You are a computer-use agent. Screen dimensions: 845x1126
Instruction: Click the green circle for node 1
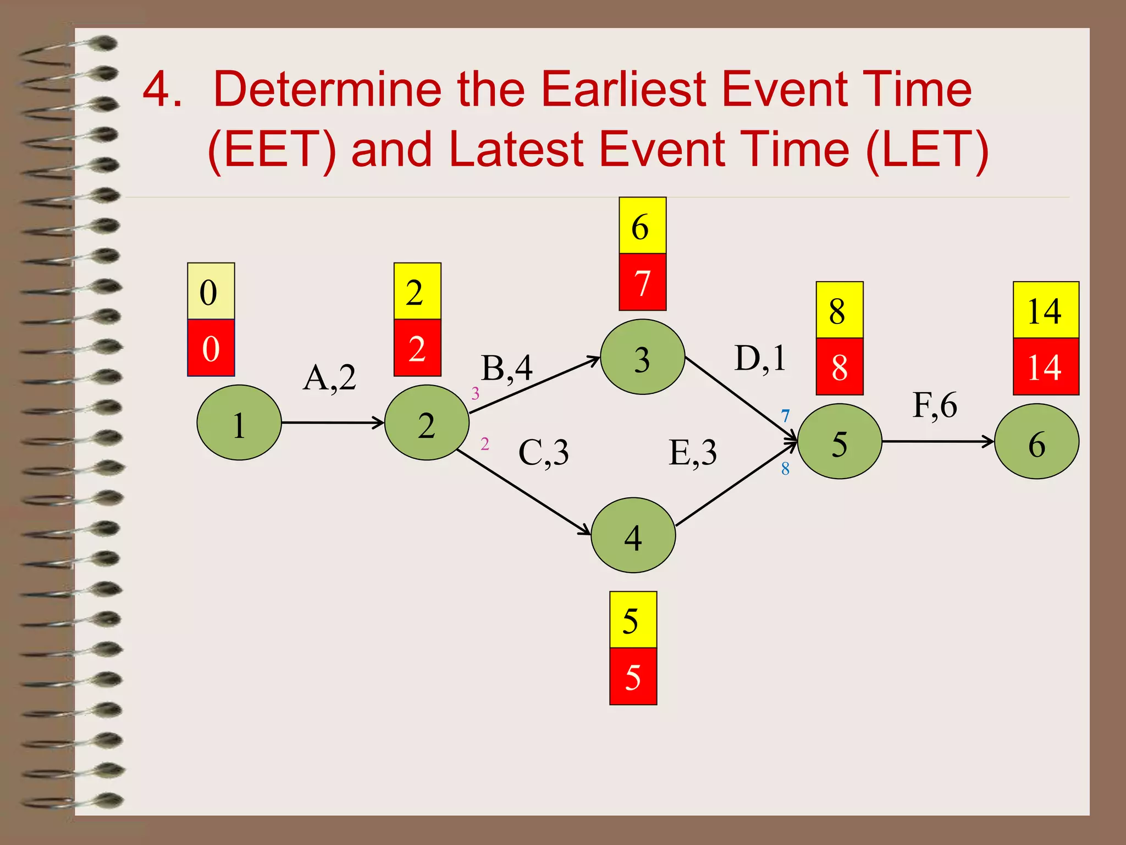pyautogui.click(x=239, y=422)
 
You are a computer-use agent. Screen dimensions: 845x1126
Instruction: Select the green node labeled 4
pyautogui.click(x=633, y=535)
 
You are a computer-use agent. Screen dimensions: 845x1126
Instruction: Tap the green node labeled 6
pyautogui.click(x=1036, y=441)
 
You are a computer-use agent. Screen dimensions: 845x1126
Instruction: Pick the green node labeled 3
pyautogui.click(x=642, y=357)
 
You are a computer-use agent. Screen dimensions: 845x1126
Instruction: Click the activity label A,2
pyautogui.click(x=329, y=378)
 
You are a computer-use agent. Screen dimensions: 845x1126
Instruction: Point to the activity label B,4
pyautogui.click(x=506, y=368)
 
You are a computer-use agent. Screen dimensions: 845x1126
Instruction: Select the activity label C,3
pyautogui.click(x=543, y=453)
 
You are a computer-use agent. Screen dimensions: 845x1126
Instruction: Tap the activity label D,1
pyautogui.click(x=760, y=359)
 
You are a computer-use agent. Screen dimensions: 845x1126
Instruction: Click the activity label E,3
pyautogui.click(x=692, y=453)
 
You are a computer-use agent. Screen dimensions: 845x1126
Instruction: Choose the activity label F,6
pyautogui.click(x=934, y=406)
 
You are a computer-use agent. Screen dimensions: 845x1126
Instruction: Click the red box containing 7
pyautogui.click(x=642, y=282)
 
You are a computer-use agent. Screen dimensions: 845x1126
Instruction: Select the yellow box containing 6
pyautogui.click(x=642, y=226)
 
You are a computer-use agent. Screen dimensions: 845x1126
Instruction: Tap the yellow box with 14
pyautogui.click(x=1045, y=310)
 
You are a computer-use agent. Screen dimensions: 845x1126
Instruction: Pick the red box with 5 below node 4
pyautogui.click(x=633, y=676)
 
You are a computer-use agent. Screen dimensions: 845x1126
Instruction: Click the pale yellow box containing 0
pyautogui.click(x=211, y=291)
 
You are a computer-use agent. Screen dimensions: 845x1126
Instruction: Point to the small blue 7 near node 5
pyautogui.click(x=785, y=416)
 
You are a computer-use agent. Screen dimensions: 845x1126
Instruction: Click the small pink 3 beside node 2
pyautogui.click(x=475, y=393)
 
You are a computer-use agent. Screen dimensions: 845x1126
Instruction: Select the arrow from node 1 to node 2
pyautogui.click(x=332, y=422)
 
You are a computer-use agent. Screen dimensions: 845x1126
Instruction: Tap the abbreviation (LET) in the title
pyautogui.click(x=927, y=150)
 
